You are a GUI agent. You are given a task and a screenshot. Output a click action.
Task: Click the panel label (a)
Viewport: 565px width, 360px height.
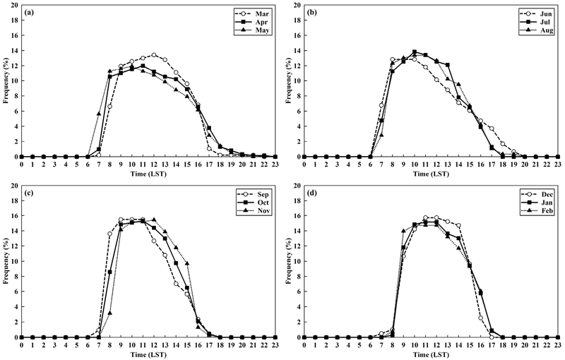[32, 13]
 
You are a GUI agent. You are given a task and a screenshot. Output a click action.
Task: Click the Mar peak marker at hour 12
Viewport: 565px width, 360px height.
[154, 54]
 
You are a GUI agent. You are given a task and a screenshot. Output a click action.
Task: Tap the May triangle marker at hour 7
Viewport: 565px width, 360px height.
[99, 114]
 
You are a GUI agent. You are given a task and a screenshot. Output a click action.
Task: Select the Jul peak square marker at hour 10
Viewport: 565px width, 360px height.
[415, 52]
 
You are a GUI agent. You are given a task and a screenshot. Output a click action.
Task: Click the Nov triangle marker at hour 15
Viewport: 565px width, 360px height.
[187, 263]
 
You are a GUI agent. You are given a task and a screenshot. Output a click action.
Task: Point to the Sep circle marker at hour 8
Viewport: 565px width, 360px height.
[109, 234]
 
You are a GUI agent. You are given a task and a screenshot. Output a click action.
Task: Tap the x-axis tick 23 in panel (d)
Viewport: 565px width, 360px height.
[558, 344]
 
